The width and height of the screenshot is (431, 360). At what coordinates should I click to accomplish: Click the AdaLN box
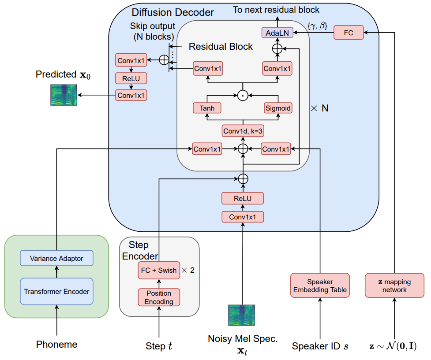pos(277,33)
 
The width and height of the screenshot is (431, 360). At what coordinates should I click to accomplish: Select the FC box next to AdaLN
pos(349,33)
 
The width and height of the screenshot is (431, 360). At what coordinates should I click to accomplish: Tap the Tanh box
pos(207,108)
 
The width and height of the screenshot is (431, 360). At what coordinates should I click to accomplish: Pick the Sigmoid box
pos(277,108)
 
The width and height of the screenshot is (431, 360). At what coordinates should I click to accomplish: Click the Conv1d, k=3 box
pos(243,131)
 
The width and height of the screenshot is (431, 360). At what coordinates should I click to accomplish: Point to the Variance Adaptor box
pos(56,258)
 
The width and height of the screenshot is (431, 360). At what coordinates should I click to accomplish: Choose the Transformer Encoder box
pos(56,291)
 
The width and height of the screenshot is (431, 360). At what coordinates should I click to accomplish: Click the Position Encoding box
pos(159,297)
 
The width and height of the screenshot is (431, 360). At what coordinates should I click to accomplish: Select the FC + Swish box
pos(159,270)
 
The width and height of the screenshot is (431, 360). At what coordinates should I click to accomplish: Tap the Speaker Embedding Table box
pos(320,285)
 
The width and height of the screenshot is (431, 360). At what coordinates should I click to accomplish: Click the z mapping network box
pos(394,285)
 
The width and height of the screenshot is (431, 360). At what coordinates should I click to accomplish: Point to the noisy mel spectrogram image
pos(242,315)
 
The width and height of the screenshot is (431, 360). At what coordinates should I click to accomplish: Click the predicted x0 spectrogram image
pos(64,95)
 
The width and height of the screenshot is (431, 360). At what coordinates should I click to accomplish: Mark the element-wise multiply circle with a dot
pos(243,95)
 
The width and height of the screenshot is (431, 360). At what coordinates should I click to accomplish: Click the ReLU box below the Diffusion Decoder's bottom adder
pos(243,198)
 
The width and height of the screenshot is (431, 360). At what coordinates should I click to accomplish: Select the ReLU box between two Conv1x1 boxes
pos(131,78)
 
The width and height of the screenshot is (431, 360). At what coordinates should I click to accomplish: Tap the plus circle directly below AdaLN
pos(277,49)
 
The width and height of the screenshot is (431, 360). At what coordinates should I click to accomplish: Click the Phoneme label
pos(56,344)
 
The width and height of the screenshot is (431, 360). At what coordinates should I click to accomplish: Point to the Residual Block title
pos(221,46)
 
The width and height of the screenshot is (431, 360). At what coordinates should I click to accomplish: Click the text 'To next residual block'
pos(276,10)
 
